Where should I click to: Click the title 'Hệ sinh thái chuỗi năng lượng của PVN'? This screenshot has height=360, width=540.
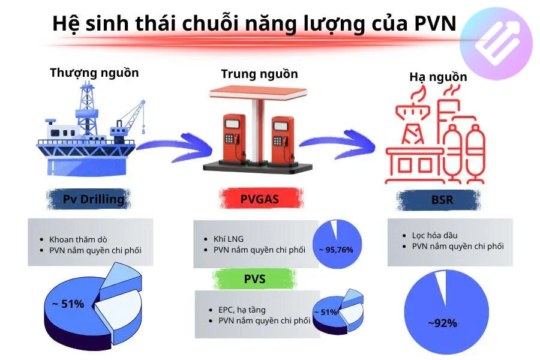254,23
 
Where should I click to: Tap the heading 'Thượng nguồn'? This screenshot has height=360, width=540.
94,73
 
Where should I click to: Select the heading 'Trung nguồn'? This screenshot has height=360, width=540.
259,74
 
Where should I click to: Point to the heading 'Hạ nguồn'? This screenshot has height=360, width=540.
438,77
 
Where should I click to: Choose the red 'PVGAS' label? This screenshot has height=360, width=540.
259,200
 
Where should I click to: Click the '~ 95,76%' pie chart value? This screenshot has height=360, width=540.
336,249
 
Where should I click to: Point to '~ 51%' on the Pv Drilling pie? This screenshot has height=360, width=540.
68,304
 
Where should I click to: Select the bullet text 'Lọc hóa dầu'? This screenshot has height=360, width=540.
434,235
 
